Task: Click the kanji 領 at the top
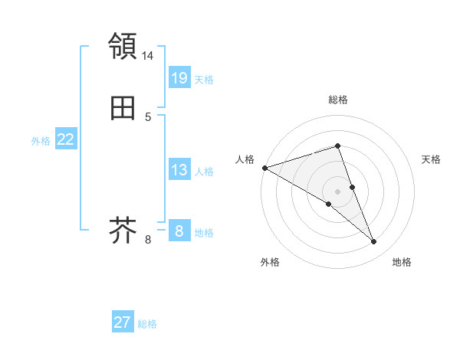point(123,47)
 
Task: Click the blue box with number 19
point(179,78)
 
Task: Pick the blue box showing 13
point(179,170)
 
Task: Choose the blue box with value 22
point(65,139)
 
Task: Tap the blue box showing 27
point(123,322)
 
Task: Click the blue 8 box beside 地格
point(179,231)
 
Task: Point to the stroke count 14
point(148,56)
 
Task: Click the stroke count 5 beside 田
point(148,117)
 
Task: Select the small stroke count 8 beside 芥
point(148,240)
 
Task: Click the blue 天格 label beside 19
point(204,80)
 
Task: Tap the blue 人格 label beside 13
point(204,172)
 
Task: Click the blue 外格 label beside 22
point(41,141)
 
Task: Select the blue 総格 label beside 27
point(147,324)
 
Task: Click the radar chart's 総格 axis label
point(337,100)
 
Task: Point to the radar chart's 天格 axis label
point(431,159)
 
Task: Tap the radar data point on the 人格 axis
point(264,168)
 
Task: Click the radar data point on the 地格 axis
point(374,242)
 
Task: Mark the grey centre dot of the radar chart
point(337,191)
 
